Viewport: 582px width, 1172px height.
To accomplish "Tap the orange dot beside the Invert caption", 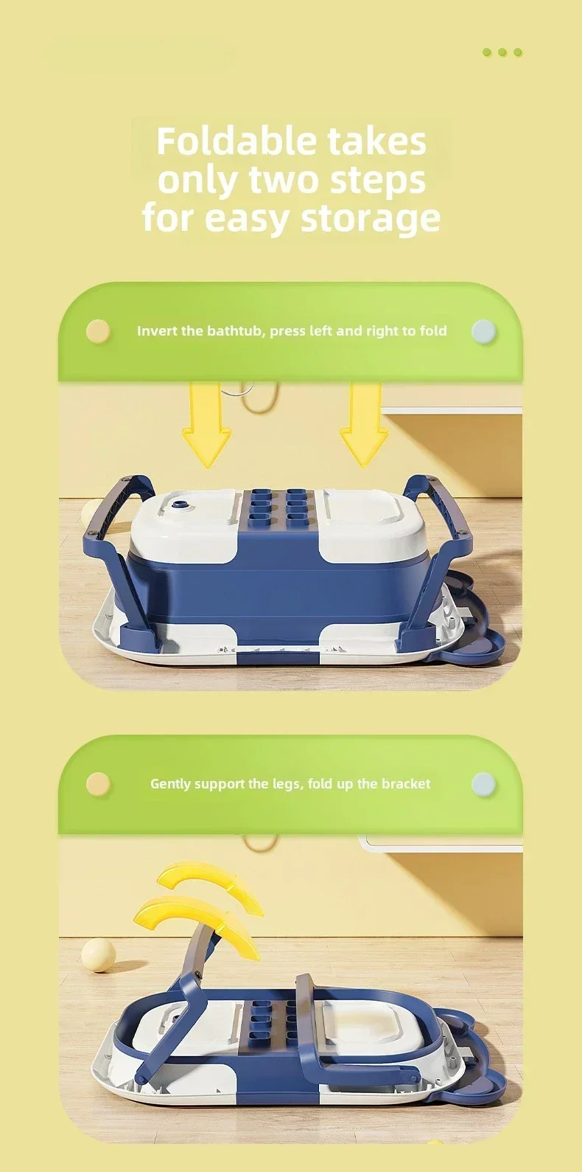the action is (98, 332).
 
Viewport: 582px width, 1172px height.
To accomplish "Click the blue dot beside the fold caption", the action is (483, 332).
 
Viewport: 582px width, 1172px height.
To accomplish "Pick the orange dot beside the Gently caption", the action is (98, 784).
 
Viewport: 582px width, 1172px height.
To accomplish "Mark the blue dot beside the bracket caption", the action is (483, 784).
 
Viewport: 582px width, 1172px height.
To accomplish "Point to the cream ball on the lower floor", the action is (98, 956).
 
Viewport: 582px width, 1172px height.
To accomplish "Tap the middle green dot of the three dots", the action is (502, 52).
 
